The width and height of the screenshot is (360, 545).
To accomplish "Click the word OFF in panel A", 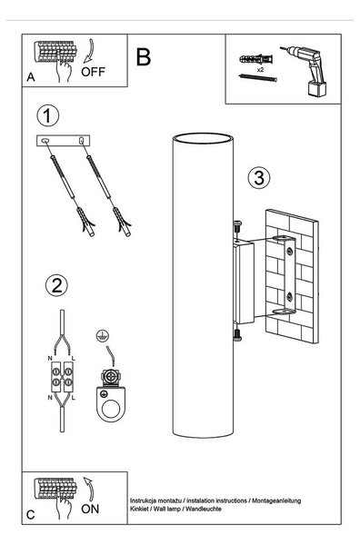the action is point(93,72).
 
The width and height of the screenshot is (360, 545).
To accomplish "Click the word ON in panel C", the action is point(90,509).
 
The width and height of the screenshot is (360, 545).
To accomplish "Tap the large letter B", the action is point(144,57).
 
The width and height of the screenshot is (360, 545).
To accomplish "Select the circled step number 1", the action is point(47,115).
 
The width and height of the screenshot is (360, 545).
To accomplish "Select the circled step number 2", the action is point(56,285).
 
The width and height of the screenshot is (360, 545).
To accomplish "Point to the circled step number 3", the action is point(259,178).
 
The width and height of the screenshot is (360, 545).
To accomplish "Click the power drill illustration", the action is point(307,71).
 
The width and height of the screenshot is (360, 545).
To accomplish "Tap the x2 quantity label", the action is point(260,70).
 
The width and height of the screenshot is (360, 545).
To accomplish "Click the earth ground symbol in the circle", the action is point(103,336).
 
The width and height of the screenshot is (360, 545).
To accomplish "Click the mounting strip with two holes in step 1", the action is point(64,141).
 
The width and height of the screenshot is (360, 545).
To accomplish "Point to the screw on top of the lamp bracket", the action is point(237,226).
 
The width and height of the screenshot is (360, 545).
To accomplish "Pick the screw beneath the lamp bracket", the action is point(237,335).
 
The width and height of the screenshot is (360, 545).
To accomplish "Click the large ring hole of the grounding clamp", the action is point(111,408).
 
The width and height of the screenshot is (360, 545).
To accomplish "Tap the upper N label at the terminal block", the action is point(50,358).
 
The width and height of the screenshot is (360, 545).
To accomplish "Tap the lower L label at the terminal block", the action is point(74,398).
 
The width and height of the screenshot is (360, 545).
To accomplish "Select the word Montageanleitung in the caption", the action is point(276,500).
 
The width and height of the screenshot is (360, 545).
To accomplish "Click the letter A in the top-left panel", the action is point(31,77).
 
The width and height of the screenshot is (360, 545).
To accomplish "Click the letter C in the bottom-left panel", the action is point(31,515).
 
